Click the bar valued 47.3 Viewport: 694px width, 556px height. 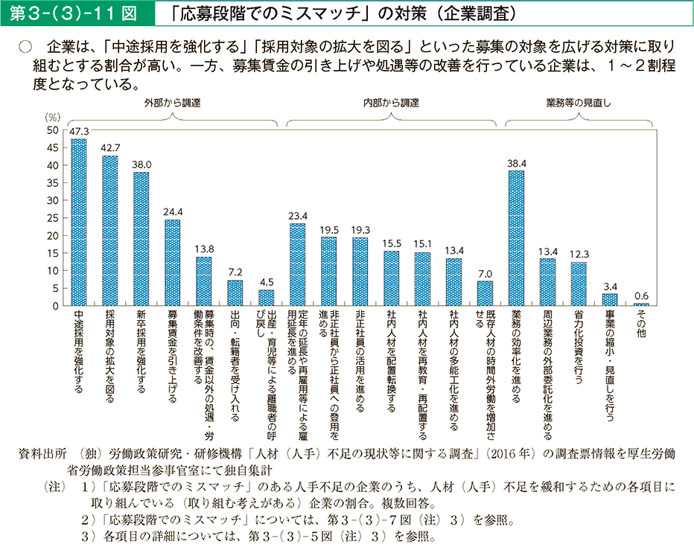coord(78,223)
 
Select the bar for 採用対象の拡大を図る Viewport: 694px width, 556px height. coord(109,231)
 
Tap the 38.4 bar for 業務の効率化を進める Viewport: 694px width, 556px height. coord(516,238)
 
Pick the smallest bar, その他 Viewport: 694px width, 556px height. coord(641,304)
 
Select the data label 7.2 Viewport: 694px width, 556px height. coord(235,273)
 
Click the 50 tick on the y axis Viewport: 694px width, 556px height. coord(52,130)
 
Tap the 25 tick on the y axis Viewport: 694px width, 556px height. coord(52,218)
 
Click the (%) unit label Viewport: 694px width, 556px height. coord(51,118)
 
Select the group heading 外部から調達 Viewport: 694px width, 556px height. coord(173,102)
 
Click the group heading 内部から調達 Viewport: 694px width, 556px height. coord(391,102)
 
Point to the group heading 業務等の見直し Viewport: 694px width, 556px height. coord(579,102)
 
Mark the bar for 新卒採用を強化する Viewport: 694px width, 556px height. coord(141,239)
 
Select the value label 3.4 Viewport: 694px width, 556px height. coord(610,287)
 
